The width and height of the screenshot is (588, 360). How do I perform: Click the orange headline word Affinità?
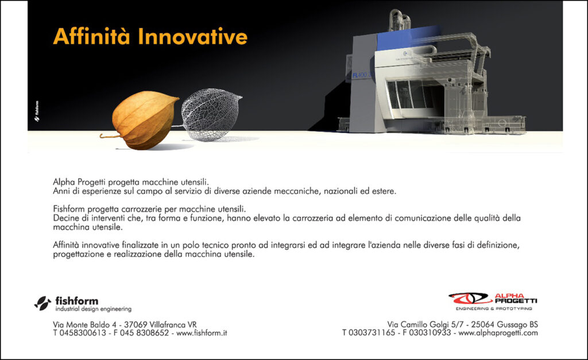[91, 36]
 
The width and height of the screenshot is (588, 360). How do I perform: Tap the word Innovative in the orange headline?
[193, 36]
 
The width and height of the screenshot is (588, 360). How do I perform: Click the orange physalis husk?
[144, 119]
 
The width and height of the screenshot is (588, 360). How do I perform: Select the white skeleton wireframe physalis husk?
[211, 114]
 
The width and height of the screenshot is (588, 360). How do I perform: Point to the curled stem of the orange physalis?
[110, 136]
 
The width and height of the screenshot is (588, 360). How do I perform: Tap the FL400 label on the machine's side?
[361, 75]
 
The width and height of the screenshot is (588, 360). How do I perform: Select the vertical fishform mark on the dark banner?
[37, 111]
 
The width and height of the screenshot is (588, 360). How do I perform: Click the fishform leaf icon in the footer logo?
[42, 303]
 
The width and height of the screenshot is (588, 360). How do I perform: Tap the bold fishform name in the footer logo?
[77, 301]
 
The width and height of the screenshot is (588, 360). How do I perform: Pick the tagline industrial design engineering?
[94, 309]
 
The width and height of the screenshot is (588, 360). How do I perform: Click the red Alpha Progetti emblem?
[470, 299]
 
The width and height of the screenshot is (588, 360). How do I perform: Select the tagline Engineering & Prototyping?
[494, 309]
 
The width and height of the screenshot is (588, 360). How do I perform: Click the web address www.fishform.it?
[202, 333]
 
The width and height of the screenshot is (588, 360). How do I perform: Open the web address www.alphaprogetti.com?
[498, 333]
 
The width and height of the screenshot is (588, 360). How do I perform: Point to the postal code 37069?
[136, 324]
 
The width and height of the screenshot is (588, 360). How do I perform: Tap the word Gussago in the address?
[512, 325]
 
